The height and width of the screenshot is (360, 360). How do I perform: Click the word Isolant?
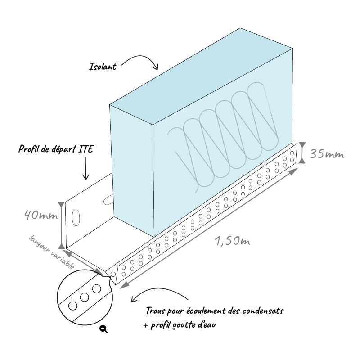[x=103, y=67]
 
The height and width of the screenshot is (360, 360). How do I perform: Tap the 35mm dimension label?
[x=327, y=154]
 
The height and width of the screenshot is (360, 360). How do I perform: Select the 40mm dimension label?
[x=41, y=215]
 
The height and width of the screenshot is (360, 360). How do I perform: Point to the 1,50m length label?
[x=232, y=241]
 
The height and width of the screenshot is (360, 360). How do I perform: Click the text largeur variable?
[x=52, y=252]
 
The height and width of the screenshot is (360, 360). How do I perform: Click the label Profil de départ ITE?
[x=56, y=149]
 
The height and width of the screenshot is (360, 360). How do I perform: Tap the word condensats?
[x=263, y=311]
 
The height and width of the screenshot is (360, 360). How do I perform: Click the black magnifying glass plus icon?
[x=103, y=329]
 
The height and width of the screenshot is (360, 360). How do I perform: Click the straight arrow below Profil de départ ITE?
[x=85, y=168]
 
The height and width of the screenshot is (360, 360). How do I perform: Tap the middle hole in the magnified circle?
[x=85, y=297]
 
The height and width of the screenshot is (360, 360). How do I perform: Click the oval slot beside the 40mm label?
[x=76, y=217]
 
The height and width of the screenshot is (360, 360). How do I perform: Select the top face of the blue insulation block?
[x=201, y=76]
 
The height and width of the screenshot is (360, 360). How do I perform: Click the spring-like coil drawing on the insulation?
[x=223, y=138]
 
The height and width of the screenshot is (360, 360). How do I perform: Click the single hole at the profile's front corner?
[x=113, y=274]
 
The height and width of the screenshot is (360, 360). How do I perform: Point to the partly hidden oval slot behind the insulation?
[x=108, y=199]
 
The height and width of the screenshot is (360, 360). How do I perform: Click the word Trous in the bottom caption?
[x=156, y=311]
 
